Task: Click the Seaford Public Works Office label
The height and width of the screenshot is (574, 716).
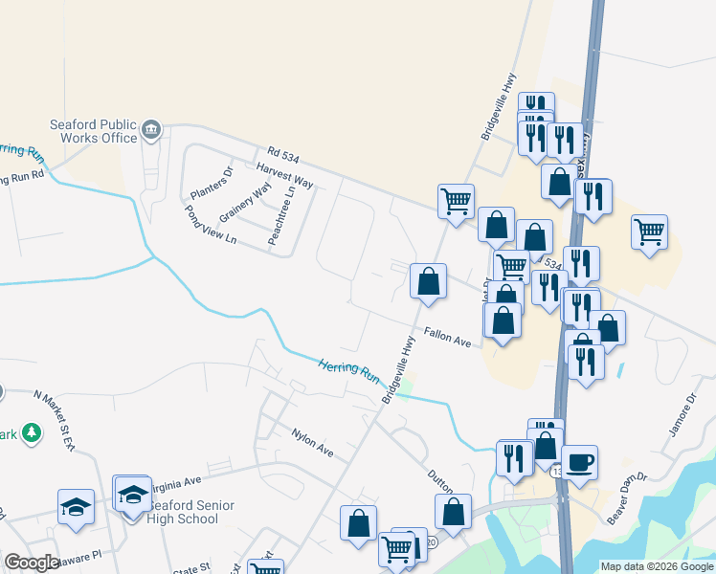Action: click(93, 131)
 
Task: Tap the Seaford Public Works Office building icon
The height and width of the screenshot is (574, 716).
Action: click(152, 129)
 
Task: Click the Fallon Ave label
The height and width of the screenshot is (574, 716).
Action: click(449, 339)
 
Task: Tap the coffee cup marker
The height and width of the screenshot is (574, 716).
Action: click(579, 463)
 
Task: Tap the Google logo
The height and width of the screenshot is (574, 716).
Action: click(32, 562)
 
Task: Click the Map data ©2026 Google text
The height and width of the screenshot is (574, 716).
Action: click(656, 566)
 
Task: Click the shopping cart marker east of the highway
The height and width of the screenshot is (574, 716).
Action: click(650, 232)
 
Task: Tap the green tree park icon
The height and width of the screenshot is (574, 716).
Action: click(31, 433)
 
